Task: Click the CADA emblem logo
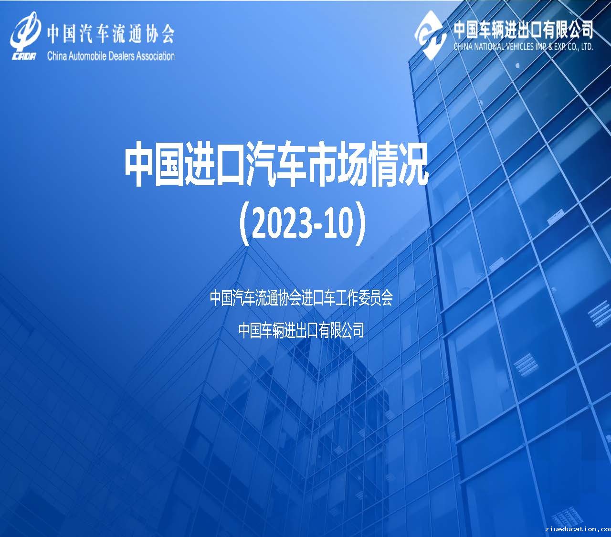25,36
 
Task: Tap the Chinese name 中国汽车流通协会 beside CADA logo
111,33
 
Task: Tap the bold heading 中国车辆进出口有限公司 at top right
523,30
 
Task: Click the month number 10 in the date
338,223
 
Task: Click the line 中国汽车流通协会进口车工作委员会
302,298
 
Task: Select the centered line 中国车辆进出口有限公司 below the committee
301,330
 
